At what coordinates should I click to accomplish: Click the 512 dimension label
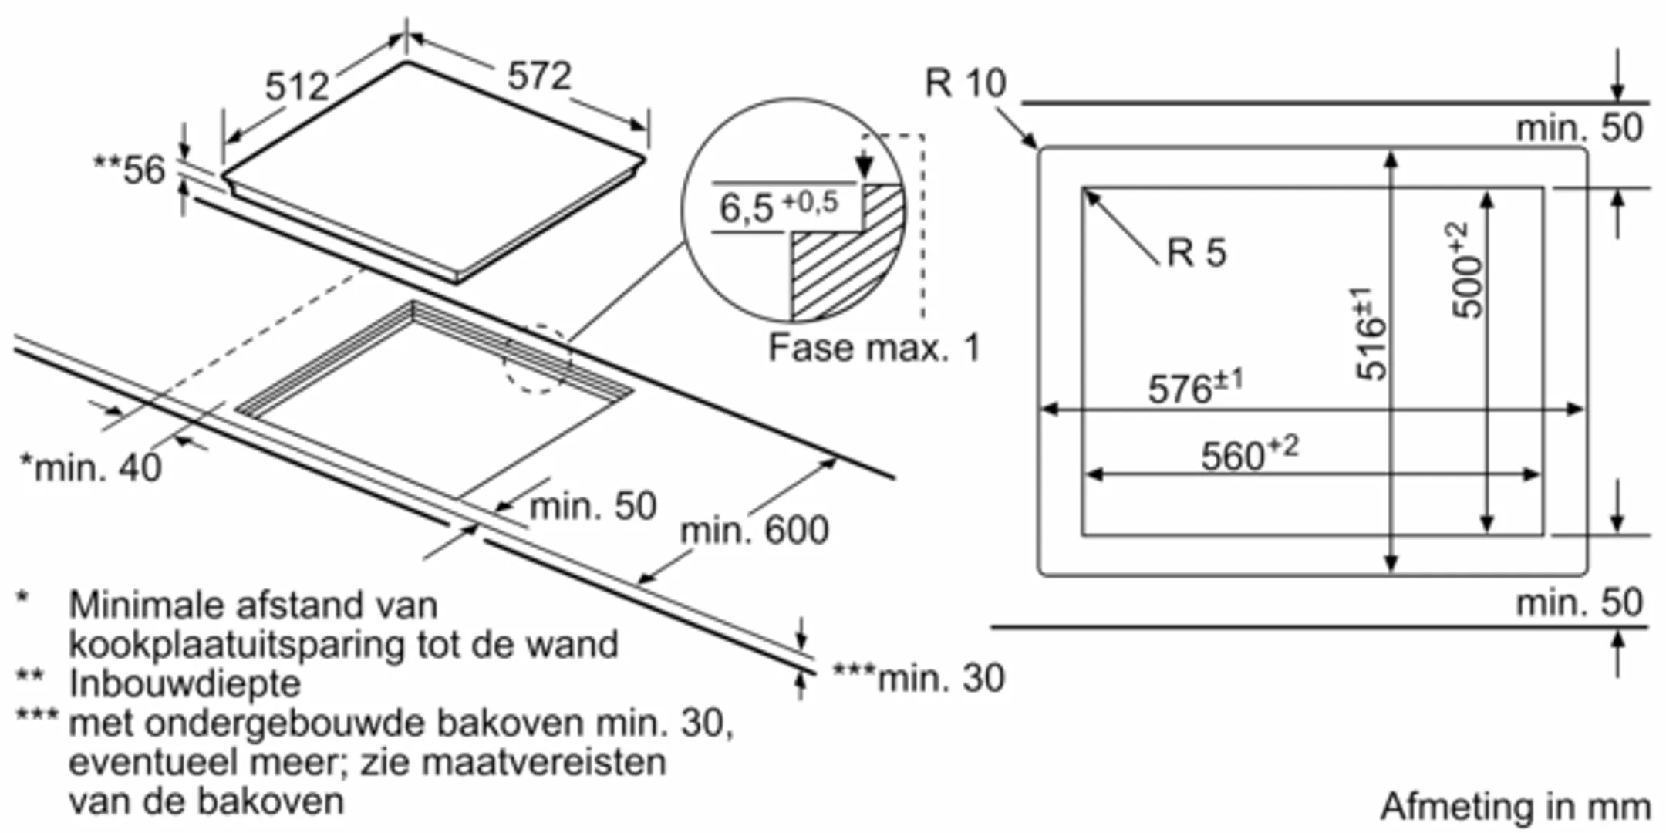point(297,86)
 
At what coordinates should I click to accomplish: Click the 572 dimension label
point(539,76)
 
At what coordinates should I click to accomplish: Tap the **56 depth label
point(130,170)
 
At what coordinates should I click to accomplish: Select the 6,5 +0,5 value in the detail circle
point(778,206)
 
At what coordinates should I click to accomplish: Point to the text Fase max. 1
point(874,348)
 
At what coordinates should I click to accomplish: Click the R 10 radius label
point(966,83)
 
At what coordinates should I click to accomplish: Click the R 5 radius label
point(1196,252)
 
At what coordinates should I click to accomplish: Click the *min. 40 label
point(91,467)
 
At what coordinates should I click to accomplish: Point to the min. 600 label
point(754,531)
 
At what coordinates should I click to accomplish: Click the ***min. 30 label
point(919,679)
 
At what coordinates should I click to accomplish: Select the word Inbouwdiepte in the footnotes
point(185,683)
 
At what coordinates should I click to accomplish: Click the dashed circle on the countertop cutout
point(538,359)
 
